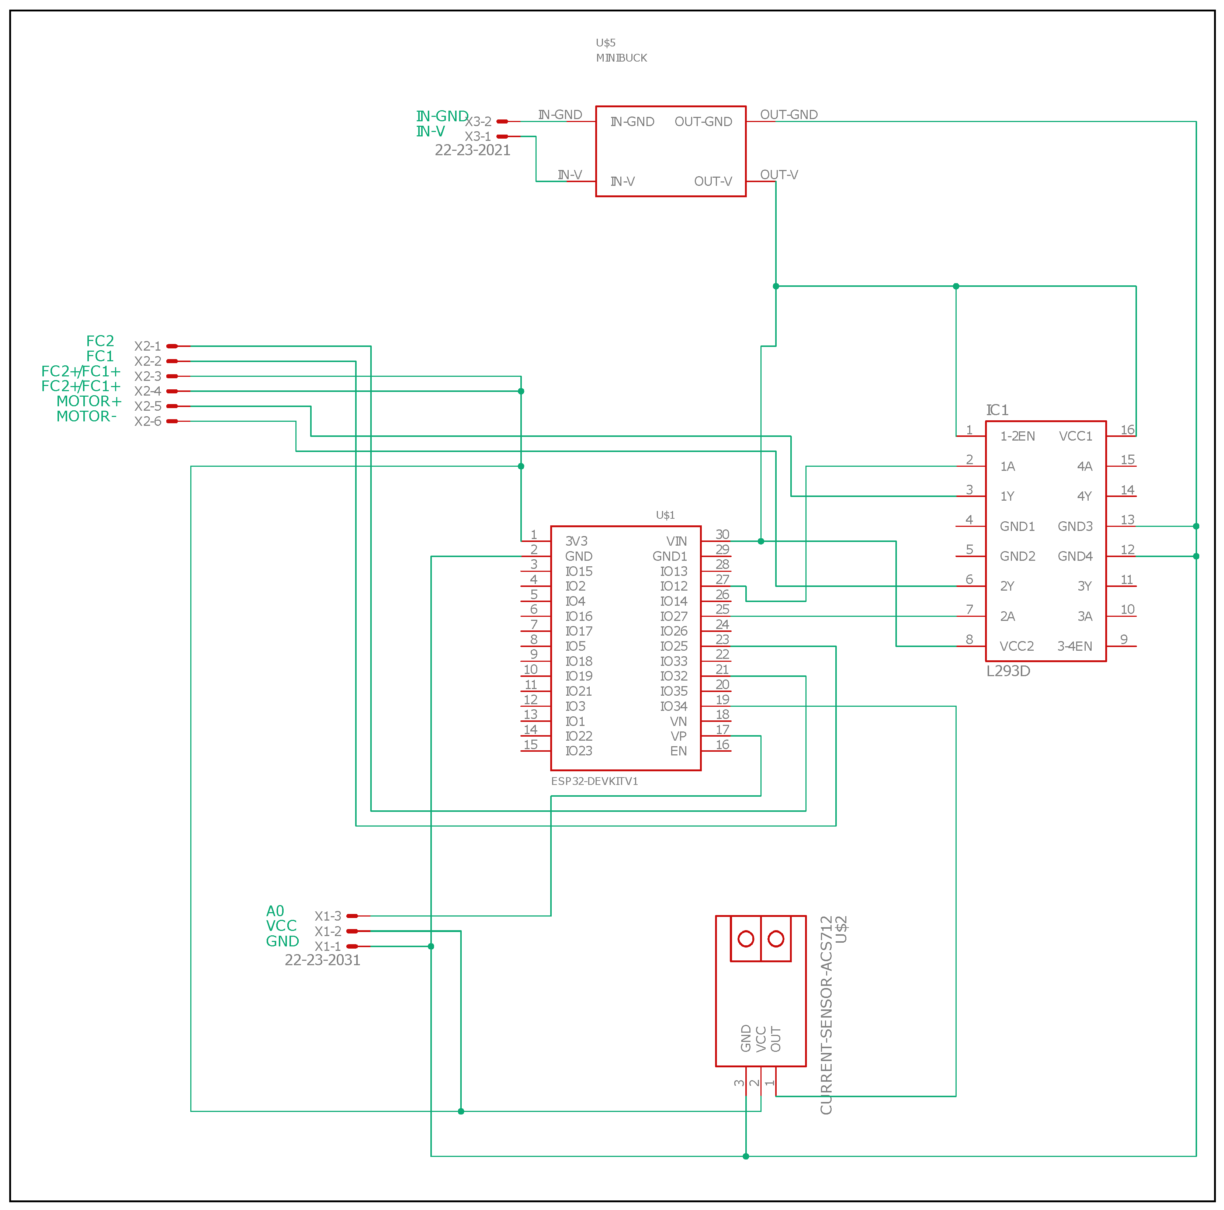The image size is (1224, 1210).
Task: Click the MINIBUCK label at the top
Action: point(621,58)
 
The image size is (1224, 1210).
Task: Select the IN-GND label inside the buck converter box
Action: point(632,122)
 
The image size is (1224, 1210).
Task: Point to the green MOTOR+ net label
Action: point(89,401)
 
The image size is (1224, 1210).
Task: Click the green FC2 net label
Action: point(100,341)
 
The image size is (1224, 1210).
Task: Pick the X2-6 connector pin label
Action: point(148,421)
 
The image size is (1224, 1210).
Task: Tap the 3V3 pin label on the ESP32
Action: point(576,541)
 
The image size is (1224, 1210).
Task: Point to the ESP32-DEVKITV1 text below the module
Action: point(594,781)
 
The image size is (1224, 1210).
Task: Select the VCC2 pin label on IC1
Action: point(1016,646)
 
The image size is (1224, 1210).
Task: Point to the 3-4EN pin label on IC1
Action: point(1075,646)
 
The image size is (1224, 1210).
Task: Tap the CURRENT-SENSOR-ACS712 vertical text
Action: point(825,1015)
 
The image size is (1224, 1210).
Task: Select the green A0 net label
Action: point(275,911)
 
